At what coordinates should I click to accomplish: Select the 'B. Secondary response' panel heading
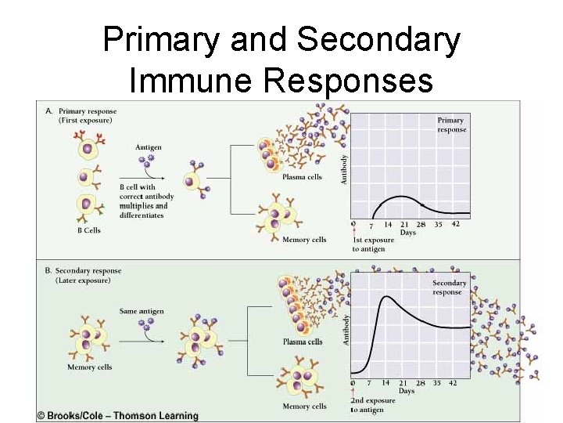pyautogui.click(x=82, y=276)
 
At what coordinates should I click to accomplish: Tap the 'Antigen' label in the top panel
pyautogui.click(x=149, y=146)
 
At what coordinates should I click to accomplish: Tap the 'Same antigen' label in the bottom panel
pyautogui.click(x=142, y=311)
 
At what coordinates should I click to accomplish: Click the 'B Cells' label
pyautogui.click(x=88, y=230)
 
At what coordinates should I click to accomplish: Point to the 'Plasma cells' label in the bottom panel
pyautogui.click(x=303, y=342)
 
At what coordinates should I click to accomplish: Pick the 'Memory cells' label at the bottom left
pyautogui.click(x=89, y=367)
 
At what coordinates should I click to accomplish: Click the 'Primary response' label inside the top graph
pyautogui.click(x=451, y=125)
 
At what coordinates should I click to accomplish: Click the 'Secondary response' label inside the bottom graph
pyautogui.click(x=449, y=287)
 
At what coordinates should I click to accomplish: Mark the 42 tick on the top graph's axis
pyautogui.click(x=456, y=224)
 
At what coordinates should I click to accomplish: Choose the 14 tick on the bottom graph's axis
pyautogui.click(x=385, y=382)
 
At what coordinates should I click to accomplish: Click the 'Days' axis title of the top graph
pyautogui.click(x=407, y=233)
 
